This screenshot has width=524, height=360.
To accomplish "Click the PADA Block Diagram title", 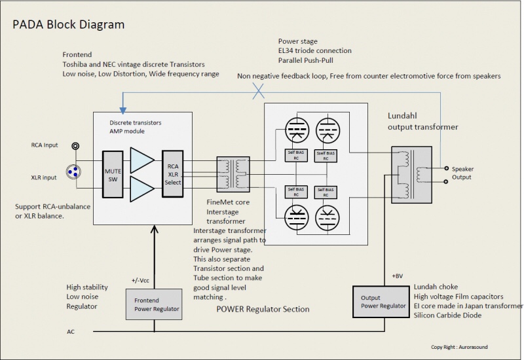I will coord(69,24).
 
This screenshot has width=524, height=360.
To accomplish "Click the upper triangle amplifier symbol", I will coord(141,160).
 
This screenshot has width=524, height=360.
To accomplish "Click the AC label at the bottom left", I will coord(71,331).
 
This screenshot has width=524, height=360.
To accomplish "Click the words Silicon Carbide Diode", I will coord(448,316).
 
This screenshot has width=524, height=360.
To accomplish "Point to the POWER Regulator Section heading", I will coord(263,309).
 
